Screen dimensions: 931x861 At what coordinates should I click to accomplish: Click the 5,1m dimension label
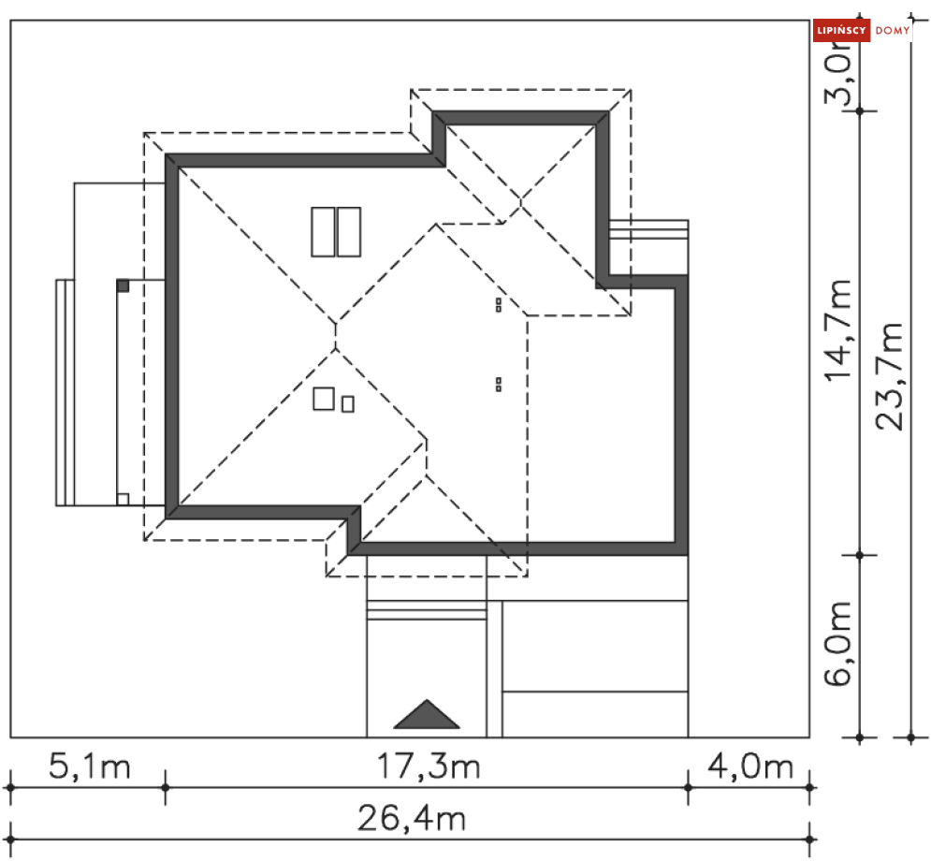coord(89,766)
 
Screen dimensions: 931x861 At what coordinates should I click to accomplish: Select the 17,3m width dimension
coord(429,766)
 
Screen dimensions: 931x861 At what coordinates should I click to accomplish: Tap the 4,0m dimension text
coord(750,766)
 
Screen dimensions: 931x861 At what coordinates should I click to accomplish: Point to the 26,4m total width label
coord(412,818)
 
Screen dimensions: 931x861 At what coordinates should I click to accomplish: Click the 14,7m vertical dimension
coord(838,329)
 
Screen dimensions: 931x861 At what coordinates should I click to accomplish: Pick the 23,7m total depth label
coord(890,376)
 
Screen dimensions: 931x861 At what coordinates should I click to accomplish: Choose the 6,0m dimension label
coord(838,644)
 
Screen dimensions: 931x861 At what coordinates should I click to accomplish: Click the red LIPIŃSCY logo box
coord(841,30)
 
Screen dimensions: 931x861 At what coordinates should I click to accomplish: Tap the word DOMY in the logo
coord(893,30)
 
